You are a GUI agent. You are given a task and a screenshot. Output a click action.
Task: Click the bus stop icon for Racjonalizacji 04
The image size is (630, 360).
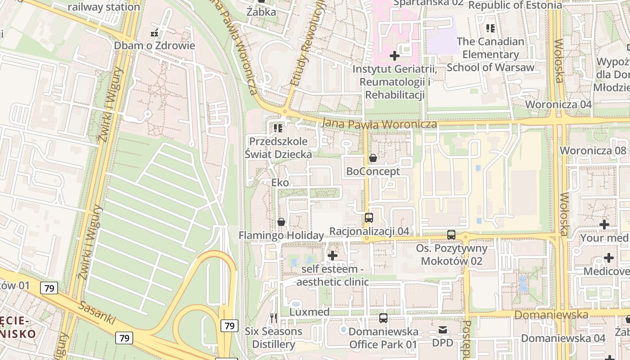point(369,218)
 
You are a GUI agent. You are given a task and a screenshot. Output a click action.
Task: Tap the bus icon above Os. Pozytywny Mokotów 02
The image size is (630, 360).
point(451,235)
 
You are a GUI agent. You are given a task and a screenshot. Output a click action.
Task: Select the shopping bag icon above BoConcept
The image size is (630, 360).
point(373,158)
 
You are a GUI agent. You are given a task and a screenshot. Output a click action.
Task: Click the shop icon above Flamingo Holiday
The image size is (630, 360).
point(281,222)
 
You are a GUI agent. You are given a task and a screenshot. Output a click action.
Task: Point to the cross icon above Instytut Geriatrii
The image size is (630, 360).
point(395,56)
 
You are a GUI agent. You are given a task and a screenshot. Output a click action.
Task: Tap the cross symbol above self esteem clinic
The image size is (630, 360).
point(333,256)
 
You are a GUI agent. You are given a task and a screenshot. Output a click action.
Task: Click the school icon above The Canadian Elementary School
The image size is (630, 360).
point(490,28)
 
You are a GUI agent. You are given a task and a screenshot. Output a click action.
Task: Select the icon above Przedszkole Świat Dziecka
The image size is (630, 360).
point(278,128)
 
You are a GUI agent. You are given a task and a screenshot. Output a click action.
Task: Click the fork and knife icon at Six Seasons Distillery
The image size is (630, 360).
point(274,318)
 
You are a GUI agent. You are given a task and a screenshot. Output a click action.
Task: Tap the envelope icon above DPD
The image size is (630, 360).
point(443,330)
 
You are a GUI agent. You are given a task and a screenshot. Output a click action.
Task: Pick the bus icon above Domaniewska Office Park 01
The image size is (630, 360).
point(383,318)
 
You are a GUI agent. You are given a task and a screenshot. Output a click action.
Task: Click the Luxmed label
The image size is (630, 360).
point(309,312)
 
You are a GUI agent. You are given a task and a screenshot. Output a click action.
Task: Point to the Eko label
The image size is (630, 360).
point(280,183)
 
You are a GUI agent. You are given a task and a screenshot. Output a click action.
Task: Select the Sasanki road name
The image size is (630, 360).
point(97,314)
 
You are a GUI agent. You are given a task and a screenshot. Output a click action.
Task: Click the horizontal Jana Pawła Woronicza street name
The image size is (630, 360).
point(379,124)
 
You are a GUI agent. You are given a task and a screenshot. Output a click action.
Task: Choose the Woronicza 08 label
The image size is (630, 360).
point(593,150)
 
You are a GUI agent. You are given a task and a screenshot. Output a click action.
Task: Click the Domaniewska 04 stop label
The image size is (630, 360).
point(563,338)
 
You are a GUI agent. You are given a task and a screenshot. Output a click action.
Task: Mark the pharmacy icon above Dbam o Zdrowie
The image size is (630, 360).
point(154,33)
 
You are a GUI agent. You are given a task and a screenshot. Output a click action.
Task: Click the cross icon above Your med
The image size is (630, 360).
point(604,224)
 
